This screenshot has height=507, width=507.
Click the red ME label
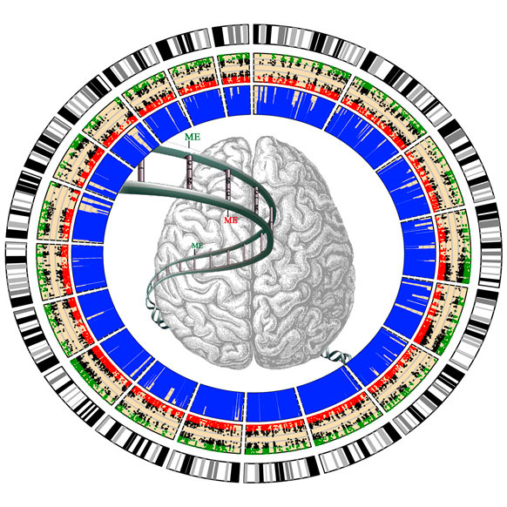pyautogui.click(x=231, y=220)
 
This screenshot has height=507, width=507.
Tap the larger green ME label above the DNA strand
pyautogui.click(x=193, y=137)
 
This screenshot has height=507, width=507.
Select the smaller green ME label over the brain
pyautogui.click(x=197, y=246)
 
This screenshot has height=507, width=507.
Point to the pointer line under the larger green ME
pyautogui.click(x=190, y=145)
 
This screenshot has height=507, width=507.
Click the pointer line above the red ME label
pyautogui.click(x=228, y=212)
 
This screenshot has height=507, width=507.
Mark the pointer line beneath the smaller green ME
pyautogui.click(x=194, y=252)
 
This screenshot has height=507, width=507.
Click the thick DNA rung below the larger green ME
pyautogui.click(x=190, y=172)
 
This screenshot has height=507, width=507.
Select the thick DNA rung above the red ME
pyautogui.click(x=228, y=189)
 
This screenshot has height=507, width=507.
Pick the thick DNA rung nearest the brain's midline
pyautogui.click(x=256, y=199)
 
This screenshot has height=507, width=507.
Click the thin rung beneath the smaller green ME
pyautogui.click(x=194, y=262)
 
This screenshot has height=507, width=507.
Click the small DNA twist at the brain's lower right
pyautogui.click(x=337, y=355)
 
